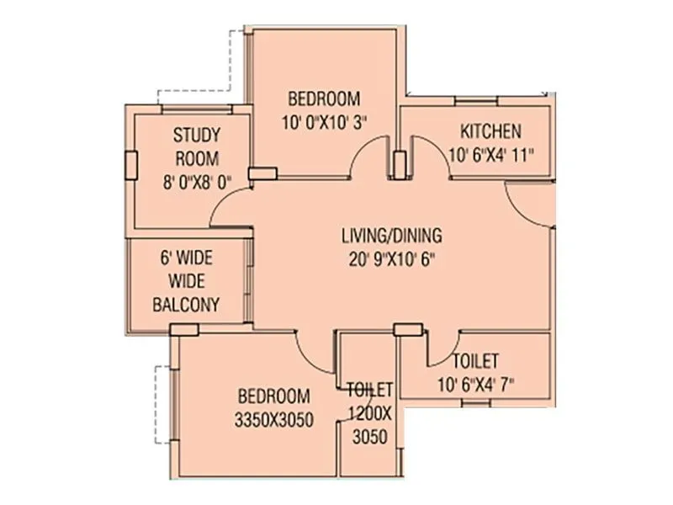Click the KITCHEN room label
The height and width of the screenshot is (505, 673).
(x=490, y=131)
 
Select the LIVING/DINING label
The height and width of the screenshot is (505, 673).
(x=391, y=235)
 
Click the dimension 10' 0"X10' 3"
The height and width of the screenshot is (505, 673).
(x=323, y=121)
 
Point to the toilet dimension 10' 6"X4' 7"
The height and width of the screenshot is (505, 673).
(x=475, y=385)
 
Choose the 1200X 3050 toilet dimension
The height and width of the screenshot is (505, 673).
(x=370, y=425)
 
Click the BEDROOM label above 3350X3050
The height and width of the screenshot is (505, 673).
(x=273, y=396)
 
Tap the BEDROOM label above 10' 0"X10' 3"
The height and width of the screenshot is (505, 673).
(x=323, y=97)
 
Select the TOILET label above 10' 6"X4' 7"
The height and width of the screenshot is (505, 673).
(x=475, y=361)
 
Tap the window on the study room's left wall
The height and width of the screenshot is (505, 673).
(x=131, y=164)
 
